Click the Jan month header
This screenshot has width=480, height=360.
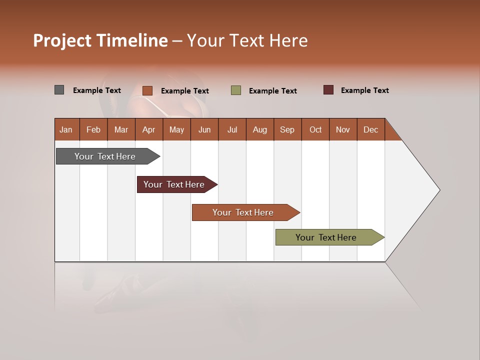point(66,129)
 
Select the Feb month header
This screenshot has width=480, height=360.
point(93,129)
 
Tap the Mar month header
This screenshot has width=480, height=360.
point(121,129)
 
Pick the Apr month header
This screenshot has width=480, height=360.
point(148,129)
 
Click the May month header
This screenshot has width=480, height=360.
point(176,129)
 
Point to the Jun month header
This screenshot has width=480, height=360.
point(204,129)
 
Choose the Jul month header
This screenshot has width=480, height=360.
point(232,129)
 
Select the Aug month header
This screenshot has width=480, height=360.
point(260,129)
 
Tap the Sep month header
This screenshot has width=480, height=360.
point(287,129)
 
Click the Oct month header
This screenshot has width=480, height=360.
point(315,129)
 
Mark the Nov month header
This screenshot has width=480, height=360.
point(343,129)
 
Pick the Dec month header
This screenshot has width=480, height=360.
point(371,129)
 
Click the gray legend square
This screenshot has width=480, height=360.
point(59,90)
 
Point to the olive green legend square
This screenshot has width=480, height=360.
point(236,90)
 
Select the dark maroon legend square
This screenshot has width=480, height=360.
point(328,90)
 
